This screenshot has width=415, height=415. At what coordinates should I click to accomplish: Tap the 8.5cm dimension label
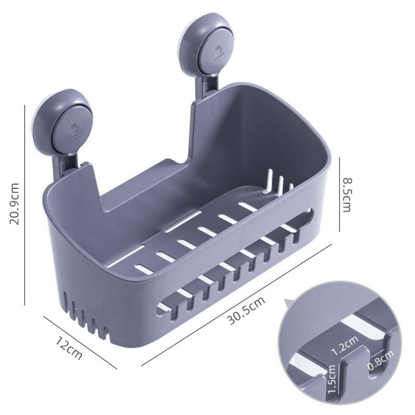pos(346,195)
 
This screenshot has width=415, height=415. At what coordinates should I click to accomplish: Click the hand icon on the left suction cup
pos(75,130)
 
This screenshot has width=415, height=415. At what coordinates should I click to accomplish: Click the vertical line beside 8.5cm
pos(340,194)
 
